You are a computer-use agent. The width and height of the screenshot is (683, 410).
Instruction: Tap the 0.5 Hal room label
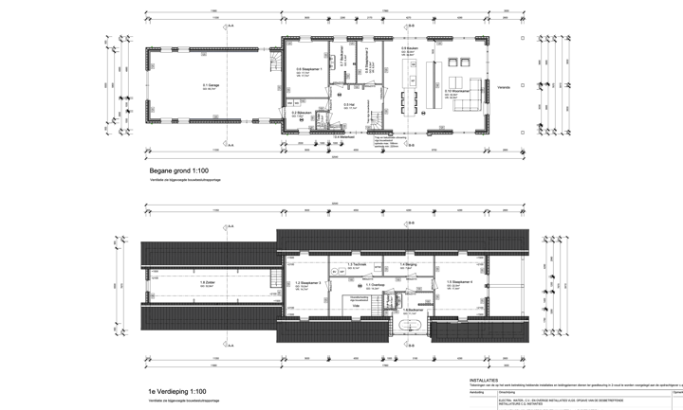tap(349, 104)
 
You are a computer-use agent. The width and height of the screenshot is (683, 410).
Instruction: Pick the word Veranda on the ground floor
tap(504, 86)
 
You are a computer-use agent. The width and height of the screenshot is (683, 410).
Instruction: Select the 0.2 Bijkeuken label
tap(300, 113)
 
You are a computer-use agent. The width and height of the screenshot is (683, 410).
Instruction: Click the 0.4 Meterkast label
tap(343, 136)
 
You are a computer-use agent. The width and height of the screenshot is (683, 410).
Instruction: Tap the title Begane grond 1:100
tap(178, 170)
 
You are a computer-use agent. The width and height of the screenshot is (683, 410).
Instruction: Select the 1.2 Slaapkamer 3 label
tap(308, 282)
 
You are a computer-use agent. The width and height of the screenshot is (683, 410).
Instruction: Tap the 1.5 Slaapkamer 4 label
tap(459, 282)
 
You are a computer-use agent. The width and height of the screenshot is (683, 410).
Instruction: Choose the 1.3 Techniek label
tap(357, 264)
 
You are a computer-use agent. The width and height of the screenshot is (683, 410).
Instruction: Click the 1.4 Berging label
tap(408, 264)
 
